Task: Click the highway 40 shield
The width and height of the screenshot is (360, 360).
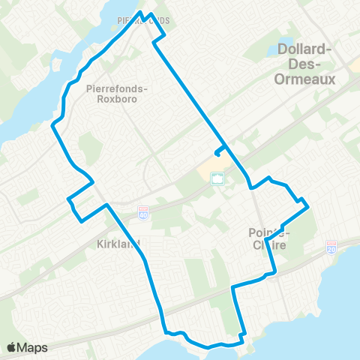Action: click(143, 213)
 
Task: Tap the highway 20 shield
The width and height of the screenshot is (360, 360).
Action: click(332, 247)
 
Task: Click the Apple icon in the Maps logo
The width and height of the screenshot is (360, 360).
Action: click(12, 346)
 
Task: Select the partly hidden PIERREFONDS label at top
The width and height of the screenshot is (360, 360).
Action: click(142, 20)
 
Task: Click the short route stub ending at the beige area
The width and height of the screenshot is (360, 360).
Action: click(217, 152)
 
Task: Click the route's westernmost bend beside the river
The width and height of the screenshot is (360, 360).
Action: click(52, 127)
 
